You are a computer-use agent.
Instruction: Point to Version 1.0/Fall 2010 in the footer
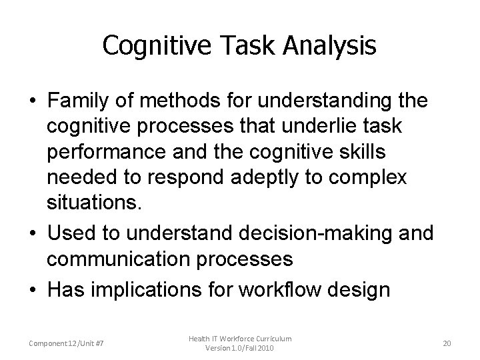pyautogui.click(x=239, y=349)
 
